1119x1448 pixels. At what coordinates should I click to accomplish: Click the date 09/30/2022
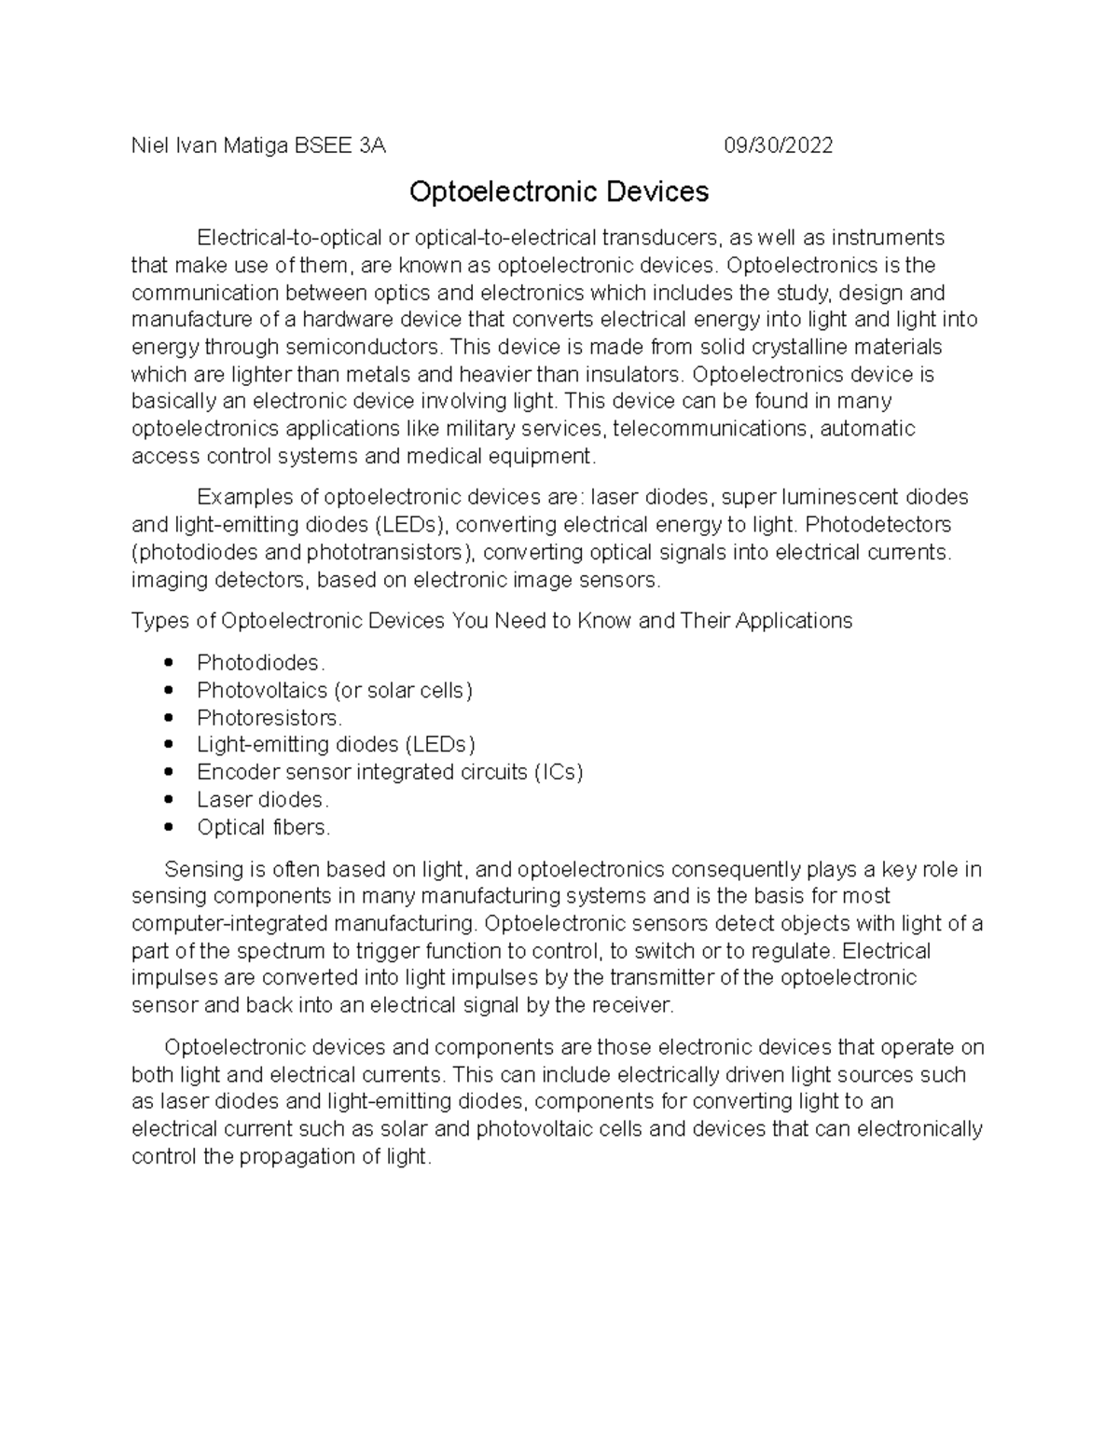779,145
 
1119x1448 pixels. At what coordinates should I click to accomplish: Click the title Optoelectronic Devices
559,192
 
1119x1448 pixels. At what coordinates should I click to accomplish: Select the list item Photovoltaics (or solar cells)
335,690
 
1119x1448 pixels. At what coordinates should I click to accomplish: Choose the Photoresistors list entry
269,718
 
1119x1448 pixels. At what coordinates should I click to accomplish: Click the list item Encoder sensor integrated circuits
390,772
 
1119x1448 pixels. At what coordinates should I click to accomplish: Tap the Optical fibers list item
264,827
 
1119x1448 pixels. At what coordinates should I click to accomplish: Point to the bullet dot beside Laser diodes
169,800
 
